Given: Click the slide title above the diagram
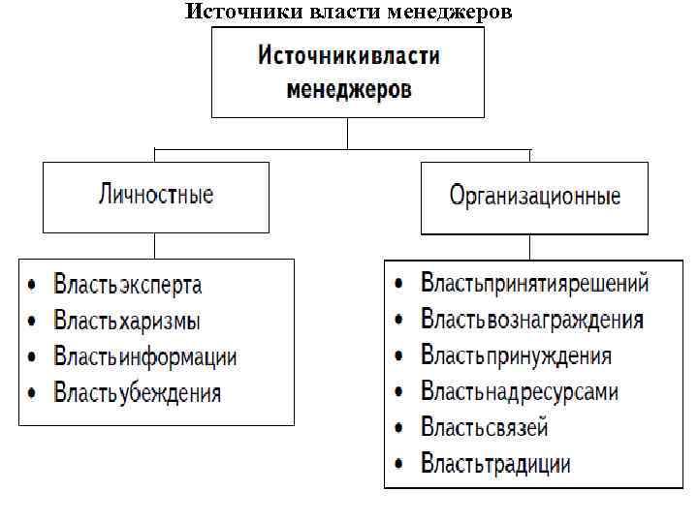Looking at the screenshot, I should [348, 13].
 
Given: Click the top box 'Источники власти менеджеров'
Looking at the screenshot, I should [348, 73].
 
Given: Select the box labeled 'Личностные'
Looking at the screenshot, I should [156, 197].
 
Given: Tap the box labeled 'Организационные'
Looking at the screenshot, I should [535, 199].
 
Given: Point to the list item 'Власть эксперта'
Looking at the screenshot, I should [128, 285].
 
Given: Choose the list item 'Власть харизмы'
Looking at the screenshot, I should [127, 321].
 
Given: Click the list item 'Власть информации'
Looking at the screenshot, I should [145, 356].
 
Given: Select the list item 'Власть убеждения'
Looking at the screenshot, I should [138, 392].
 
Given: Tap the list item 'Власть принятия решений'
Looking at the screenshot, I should [534, 284].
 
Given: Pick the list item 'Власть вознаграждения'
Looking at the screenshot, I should [532, 320].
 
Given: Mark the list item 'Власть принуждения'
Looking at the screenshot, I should [516, 355].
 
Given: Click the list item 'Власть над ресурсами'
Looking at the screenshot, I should [519, 391].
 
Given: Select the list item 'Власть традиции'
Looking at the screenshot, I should [495, 463].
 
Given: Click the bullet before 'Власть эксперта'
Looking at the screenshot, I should [34, 286].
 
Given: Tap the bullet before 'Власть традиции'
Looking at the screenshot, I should [399, 464].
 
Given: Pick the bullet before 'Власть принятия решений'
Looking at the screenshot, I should [399, 285].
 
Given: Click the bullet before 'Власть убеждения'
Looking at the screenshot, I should [34, 393].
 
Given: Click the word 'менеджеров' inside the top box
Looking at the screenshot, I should [349, 90].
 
